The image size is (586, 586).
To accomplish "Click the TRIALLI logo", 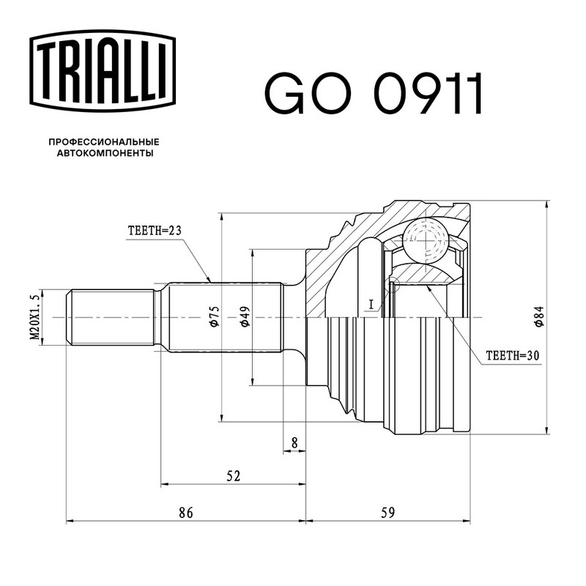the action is coord(103,71).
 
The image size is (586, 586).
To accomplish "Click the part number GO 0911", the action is coord(374,94).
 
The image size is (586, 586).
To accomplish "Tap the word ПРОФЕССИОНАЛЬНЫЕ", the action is coord(104,142).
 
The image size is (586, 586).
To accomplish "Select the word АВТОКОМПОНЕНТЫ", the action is coord(105,153).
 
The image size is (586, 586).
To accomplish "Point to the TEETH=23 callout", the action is coord(155,231).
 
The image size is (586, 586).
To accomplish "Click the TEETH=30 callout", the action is coord(512,355).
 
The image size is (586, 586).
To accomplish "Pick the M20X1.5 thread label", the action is coord(34,317).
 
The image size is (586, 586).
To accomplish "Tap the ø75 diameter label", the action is coord(215,317).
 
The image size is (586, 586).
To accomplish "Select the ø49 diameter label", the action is coord(245,317).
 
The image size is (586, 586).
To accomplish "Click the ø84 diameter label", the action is coord(539,317).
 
